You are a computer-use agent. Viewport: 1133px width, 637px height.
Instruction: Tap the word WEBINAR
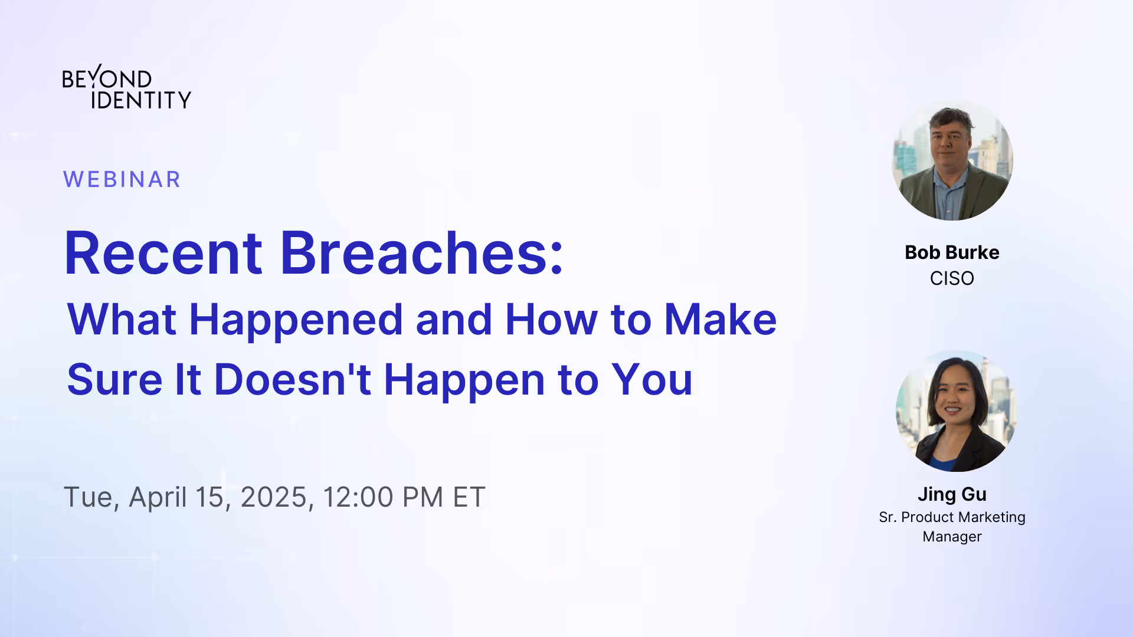tap(122, 179)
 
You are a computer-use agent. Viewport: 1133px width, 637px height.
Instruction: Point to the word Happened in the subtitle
tap(296, 320)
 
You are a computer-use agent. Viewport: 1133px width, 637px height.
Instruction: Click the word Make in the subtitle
tap(721, 320)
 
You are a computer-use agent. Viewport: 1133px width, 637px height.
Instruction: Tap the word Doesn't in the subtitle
tap(292, 380)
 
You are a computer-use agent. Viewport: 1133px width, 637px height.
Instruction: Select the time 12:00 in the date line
tap(358, 497)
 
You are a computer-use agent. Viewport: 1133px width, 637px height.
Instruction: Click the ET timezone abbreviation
tap(469, 497)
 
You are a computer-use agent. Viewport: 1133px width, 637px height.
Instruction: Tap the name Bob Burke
tap(952, 252)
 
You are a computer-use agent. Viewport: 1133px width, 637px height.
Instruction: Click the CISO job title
tap(952, 278)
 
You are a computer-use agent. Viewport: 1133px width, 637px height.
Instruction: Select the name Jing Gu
tap(952, 494)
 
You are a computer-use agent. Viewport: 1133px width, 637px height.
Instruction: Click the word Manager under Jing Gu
tap(952, 537)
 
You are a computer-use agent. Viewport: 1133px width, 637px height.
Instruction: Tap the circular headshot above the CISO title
tap(952, 160)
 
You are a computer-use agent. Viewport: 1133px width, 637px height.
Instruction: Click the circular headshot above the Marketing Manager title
tap(956, 411)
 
